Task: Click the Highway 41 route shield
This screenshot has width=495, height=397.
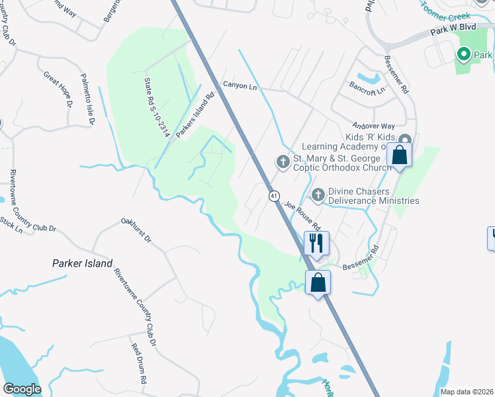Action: point(273,196)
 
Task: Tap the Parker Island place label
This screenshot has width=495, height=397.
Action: point(82,263)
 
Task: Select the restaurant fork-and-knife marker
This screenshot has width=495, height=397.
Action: point(316,242)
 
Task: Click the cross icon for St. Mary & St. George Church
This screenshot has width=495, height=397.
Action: point(283,161)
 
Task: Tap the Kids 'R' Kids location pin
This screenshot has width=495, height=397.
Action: point(405,139)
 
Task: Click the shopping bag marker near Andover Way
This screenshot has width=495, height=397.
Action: point(400,155)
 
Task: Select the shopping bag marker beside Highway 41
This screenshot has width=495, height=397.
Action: point(318,283)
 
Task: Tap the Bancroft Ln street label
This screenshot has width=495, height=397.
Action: point(368,91)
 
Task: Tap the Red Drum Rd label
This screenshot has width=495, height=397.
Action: point(138,364)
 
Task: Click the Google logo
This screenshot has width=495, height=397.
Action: point(22,389)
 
